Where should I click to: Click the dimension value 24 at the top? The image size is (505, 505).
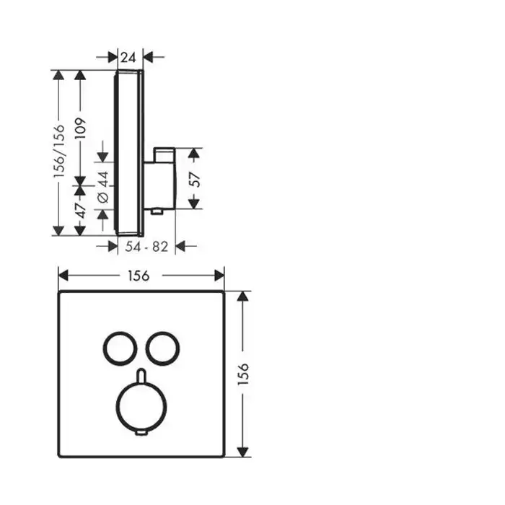128,58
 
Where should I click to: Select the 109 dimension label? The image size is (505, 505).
80,128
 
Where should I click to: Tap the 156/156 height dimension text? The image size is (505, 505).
59,151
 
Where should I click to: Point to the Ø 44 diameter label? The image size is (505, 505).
103,187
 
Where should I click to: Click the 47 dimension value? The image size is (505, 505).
81,211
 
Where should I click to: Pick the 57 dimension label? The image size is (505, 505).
195,179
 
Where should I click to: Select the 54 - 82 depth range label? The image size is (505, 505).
146,247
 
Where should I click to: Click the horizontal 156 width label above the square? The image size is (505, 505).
139,276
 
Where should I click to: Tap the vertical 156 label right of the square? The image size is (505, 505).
243,374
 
